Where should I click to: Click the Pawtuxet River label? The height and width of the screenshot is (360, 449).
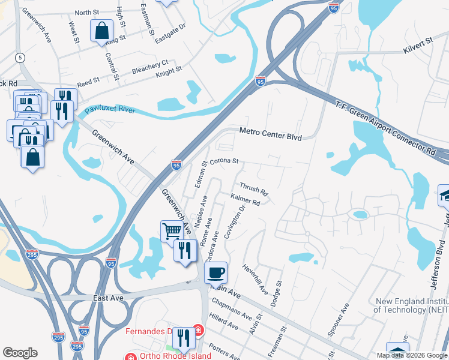point(110,110)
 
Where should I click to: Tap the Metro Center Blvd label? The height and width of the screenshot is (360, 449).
point(270,136)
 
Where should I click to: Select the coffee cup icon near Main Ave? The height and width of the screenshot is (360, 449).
point(215,272)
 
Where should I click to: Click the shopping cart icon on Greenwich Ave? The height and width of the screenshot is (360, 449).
point(172,230)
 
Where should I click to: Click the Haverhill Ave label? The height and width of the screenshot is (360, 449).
point(255,280)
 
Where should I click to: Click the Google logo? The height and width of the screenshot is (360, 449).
point(20,353)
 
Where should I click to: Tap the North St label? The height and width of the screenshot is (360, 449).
point(87,12)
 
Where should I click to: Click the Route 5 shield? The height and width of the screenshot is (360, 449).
point(21,58)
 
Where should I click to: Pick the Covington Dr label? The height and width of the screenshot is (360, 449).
point(235,223)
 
